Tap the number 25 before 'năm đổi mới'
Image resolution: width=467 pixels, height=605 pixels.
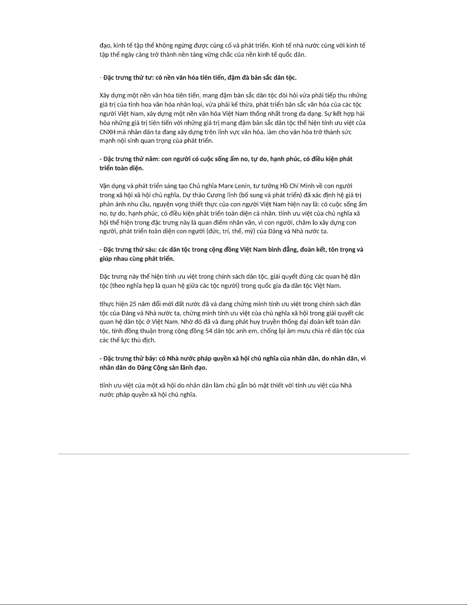pyautogui.click(x=133, y=304)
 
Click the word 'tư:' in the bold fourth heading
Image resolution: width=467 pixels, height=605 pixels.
pyautogui.click(x=149, y=78)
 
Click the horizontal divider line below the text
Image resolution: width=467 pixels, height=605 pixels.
pyautogui.click(x=233, y=454)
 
